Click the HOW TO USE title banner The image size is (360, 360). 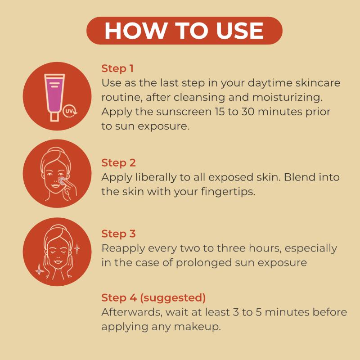pyautogui.click(x=184, y=31)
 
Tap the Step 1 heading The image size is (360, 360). pyautogui.click(x=117, y=69)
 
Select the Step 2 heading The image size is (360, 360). pyautogui.click(x=118, y=163)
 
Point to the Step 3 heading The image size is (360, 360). pyautogui.click(x=118, y=234)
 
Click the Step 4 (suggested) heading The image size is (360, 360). pyautogui.click(x=153, y=297)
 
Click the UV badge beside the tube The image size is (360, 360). pyautogui.click(x=70, y=112)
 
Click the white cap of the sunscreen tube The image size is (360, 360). pyautogui.click(x=54, y=117)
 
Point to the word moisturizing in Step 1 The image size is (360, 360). pyautogui.click(x=287, y=97)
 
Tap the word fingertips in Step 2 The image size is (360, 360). pyautogui.click(x=228, y=192)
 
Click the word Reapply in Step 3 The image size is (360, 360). pyautogui.click(x=123, y=249)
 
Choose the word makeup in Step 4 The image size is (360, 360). pyautogui.click(x=197, y=327)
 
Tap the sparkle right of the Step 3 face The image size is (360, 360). pyautogui.click(x=77, y=249)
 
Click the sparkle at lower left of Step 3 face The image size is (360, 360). pyautogui.click(x=40, y=271)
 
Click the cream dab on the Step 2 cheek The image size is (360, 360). pyautogui.click(x=62, y=181)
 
